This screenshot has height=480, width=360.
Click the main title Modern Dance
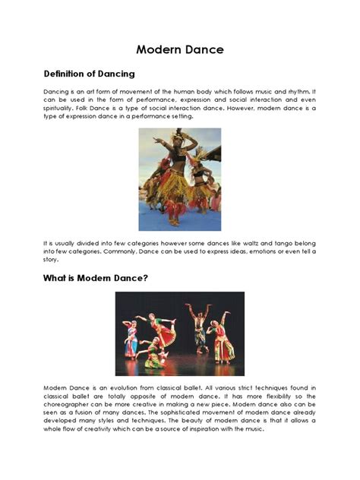(x=180, y=50)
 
